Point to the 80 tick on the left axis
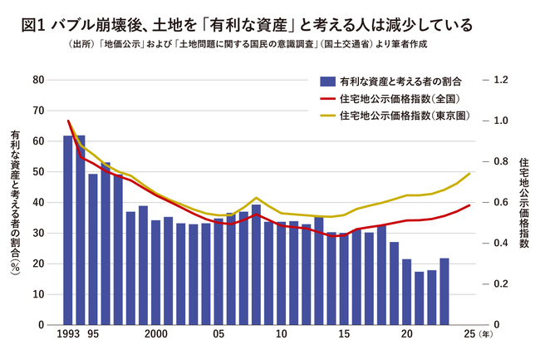37,80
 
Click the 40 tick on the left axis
37,202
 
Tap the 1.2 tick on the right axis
500,80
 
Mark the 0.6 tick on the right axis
500,202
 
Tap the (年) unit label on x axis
484,335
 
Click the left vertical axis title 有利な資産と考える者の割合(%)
15,203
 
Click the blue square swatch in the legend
327,81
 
